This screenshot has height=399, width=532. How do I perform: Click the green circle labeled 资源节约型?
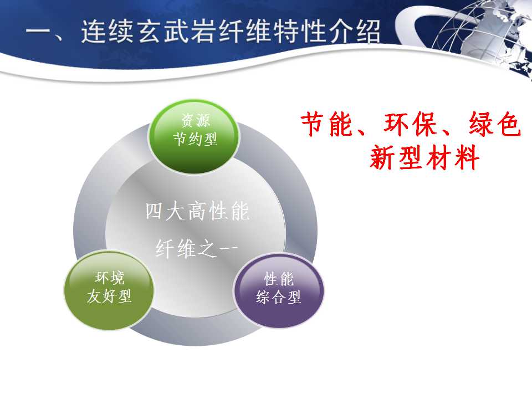(194, 136)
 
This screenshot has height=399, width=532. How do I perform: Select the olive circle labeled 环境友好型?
(109, 290)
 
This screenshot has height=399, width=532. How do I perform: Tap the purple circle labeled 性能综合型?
(279, 290)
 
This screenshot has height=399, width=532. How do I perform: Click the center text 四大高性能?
(197, 211)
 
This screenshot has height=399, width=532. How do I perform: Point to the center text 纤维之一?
(197, 249)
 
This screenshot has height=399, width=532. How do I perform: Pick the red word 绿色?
(495, 124)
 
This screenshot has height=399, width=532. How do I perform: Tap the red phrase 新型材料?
(424, 157)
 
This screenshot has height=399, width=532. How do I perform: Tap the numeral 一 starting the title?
(38, 32)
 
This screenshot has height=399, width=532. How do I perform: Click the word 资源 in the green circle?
(196, 120)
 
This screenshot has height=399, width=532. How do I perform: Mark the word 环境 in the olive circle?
(109, 278)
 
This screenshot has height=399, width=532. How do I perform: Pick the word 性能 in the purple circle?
(279, 279)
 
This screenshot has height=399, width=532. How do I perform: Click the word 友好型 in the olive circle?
(109, 296)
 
